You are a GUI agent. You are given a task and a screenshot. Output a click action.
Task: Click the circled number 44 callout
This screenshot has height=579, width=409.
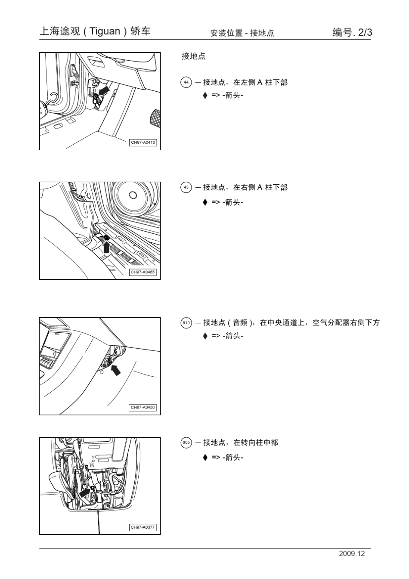186,82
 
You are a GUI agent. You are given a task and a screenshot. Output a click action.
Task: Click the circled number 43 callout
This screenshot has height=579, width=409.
186,187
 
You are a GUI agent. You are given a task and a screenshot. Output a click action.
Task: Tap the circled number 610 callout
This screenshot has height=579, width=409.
186,322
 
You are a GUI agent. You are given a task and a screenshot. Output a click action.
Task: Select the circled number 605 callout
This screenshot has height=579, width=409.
186,442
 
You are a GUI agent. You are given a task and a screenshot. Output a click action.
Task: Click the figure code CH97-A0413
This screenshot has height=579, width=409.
143,142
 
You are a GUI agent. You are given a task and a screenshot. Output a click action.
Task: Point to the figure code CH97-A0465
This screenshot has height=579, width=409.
143,272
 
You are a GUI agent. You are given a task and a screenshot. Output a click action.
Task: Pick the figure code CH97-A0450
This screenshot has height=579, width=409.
143,407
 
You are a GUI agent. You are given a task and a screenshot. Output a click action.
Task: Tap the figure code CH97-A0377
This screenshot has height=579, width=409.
143,527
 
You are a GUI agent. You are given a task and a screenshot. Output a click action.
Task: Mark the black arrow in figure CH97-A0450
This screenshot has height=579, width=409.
115,369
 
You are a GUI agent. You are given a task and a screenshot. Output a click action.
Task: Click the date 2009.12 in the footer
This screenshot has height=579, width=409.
351,554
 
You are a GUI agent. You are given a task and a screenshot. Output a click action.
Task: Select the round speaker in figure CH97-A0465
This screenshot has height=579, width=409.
133,196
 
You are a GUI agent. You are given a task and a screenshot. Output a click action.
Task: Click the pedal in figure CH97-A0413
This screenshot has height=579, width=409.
155,117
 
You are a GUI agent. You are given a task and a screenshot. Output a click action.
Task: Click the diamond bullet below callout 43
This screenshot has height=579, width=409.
205,202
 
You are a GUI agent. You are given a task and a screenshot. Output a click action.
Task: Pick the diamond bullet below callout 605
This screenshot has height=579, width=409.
205,457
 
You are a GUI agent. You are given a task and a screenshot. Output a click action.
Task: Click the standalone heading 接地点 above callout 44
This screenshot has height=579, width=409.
193,56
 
